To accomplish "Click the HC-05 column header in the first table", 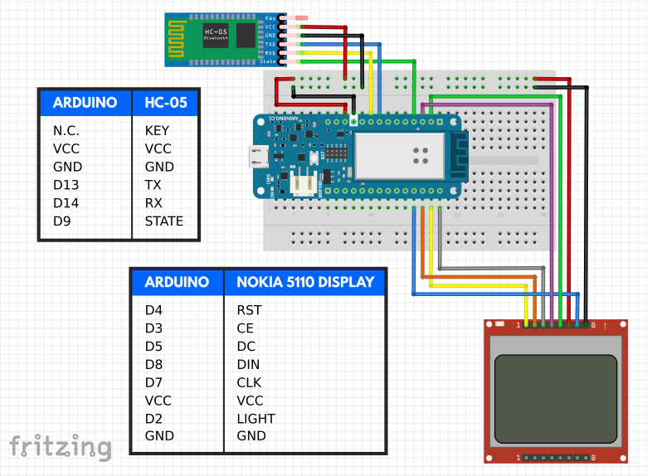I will (x=166, y=103).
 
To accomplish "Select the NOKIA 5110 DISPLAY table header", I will (x=305, y=282).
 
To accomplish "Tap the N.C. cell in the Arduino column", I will (x=66, y=130).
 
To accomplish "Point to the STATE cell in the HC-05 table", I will (x=163, y=221).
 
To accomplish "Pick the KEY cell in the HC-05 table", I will (x=157, y=130).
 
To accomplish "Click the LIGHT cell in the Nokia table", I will (x=255, y=418).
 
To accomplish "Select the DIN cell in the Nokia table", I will (x=248, y=364).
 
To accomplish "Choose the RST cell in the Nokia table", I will (x=249, y=310).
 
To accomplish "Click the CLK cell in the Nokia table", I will (x=250, y=382).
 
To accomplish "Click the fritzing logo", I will (x=60, y=447).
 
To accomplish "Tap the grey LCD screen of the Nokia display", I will (x=556, y=398).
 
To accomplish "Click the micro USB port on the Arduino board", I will (x=260, y=157).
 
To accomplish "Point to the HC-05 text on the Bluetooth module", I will (x=215, y=32).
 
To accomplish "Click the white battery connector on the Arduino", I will (x=306, y=187).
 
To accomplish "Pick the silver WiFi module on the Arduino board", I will (x=401, y=156).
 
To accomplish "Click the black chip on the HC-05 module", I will (x=246, y=35).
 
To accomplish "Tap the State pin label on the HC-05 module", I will (x=268, y=61).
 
